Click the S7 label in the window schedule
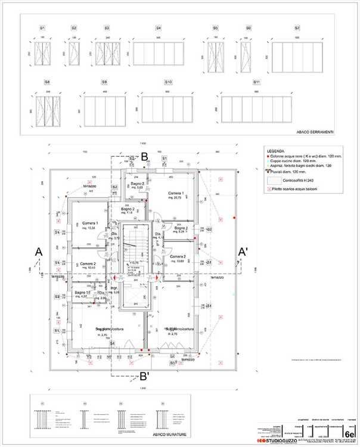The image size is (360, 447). pyautogui.click(x=297, y=28)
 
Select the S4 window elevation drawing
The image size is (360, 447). pyautogui.click(x=159, y=54)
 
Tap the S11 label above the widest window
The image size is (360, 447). pyautogui.click(x=256, y=82)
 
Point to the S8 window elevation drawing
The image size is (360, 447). pyautogui.click(x=48, y=111)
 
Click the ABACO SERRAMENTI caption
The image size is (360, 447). pyautogui.click(x=314, y=132)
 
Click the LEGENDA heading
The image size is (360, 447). pyautogui.click(x=276, y=151)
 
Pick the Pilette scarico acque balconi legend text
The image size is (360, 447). pyautogui.click(x=295, y=188)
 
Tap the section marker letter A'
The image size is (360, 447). pyautogui.click(x=243, y=252)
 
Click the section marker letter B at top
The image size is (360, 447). pyautogui.click(x=144, y=155)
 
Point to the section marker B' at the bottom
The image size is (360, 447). pyautogui.click(x=144, y=376)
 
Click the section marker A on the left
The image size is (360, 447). pyautogui.click(x=39, y=252)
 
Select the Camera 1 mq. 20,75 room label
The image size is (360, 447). pyautogui.click(x=175, y=195)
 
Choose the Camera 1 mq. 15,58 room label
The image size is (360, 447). pyautogui.click(x=89, y=225)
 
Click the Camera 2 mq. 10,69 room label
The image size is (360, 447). pyautogui.click(x=177, y=259)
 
